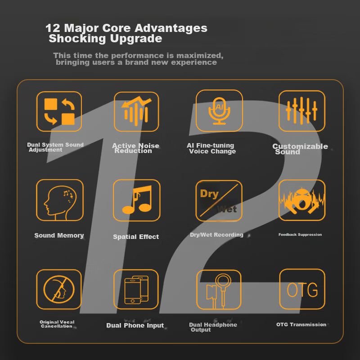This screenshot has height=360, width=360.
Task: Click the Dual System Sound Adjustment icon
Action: coord(59,111)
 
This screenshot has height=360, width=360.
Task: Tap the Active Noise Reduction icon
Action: coord(136,112)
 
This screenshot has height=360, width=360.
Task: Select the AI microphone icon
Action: coord(219,111)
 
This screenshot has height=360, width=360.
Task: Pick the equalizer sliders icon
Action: coord(301,111)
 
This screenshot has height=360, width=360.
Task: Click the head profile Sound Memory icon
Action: coord(60,200)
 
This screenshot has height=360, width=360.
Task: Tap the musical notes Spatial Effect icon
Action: coord(137,200)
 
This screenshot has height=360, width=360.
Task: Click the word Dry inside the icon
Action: coord(209,194)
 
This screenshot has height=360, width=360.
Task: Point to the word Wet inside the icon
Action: coord(227,209)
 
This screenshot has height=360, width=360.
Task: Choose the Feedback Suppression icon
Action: coord(302,200)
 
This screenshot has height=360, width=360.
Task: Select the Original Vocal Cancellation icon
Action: coord(59,289)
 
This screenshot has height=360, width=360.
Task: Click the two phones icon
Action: coord(136,289)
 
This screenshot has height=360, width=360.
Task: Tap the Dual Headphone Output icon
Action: coord(219,289)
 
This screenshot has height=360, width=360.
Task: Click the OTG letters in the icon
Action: coord(302,290)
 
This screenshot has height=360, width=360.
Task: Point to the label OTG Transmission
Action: coord(301,324)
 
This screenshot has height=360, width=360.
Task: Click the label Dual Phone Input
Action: coord(135,325)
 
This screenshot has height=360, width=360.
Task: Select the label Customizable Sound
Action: coord(300,149)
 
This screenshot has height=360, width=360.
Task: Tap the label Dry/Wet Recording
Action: coord(216,234)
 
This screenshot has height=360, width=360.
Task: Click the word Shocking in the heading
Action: coord(77,38)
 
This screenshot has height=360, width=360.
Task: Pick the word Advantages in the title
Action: coord(171,28)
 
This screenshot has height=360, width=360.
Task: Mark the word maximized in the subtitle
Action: coord(200,55)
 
